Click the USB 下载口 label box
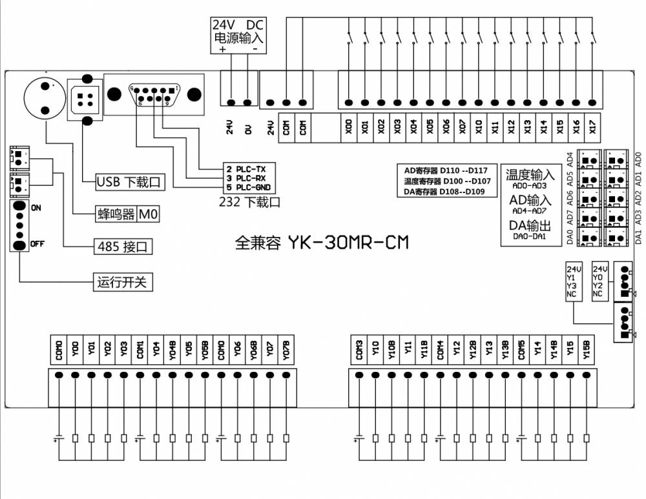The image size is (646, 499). tap(129, 183)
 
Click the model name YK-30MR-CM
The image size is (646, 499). tap(348, 243)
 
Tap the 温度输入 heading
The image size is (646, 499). tap(530, 174)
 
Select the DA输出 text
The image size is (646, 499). tap(530, 226)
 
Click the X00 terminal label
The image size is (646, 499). tap(349, 126)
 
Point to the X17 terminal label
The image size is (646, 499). tap(592, 126)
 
